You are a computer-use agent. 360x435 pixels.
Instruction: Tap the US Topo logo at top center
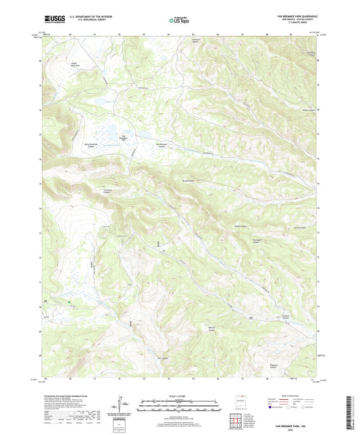pyautogui.click(x=180, y=21)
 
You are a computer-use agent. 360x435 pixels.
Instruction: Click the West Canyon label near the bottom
pyautogui.click(x=163, y=357)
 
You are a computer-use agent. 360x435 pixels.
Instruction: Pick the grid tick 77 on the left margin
pyautogui.click(x=39, y=134)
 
